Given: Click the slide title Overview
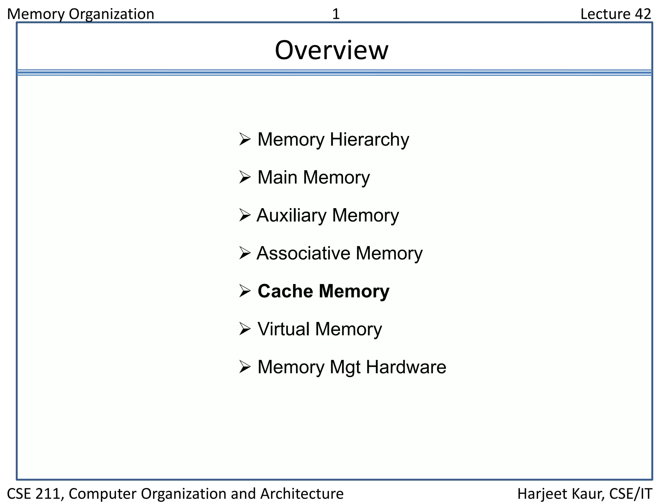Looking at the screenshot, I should (332, 50).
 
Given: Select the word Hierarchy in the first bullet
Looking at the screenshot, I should (369, 140).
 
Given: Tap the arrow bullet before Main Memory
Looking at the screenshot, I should (245, 177).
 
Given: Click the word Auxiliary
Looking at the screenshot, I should (291, 216).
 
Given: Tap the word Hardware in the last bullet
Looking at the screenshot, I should (406, 367).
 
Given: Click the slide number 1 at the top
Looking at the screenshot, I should (336, 14).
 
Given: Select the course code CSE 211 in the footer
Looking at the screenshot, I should (35, 494).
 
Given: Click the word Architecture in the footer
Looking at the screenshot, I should (302, 494).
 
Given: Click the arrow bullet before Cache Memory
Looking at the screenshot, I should (245, 291).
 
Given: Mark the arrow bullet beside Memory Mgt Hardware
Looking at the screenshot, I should (245, 367).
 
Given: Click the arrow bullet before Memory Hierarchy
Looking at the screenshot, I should (245, 139).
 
